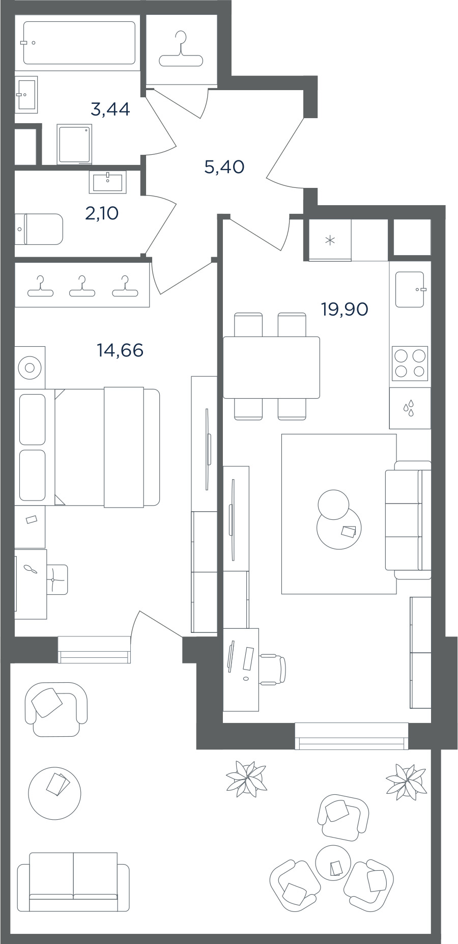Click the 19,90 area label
pyautogui.click(x=345, y=309)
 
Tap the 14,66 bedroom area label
pyautogui.click(x=120, y=350)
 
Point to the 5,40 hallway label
pyautogui.click(x=224, y=166)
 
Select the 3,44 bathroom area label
pyautogui.click(x=110, y=109)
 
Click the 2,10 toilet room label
pyautogui.click(x=102, y=213)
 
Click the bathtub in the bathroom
pyautogui.click(x=79, y=43)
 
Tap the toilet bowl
pyautogui.click(x=39, y=229)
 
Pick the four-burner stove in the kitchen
pyautogui.click(x=410, y=364)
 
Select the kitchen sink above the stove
pyautogui.click(x=410, y=289)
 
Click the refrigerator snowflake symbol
pyautogui.click(x=330, y=240)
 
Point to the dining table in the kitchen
pyautogui.click(x=271, y=367)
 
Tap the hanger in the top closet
pyautogui.click(x=181, y=50)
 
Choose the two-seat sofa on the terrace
pyautogui.click(x=73, y=881)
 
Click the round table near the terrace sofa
pyautogui.click(x=55, y=793)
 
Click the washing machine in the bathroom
pyautogui.click(x=74, y=144)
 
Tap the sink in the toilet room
pyautogui.click(x=108, y=182)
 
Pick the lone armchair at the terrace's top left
pyautogui.click(x=56, y=709)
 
